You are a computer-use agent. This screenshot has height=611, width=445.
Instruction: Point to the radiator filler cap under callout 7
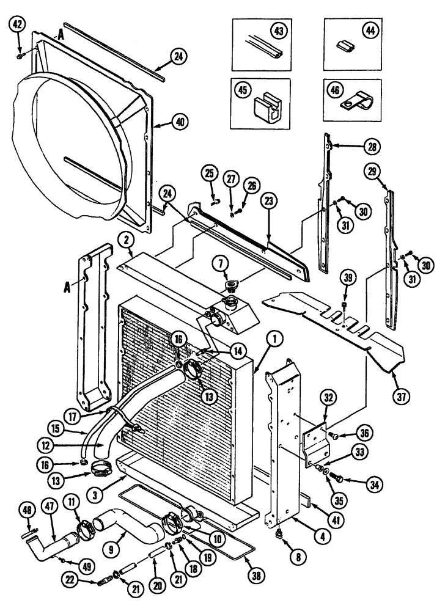[x=233, y=287]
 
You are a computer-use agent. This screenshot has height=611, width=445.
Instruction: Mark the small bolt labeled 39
[x=345, y=305]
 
